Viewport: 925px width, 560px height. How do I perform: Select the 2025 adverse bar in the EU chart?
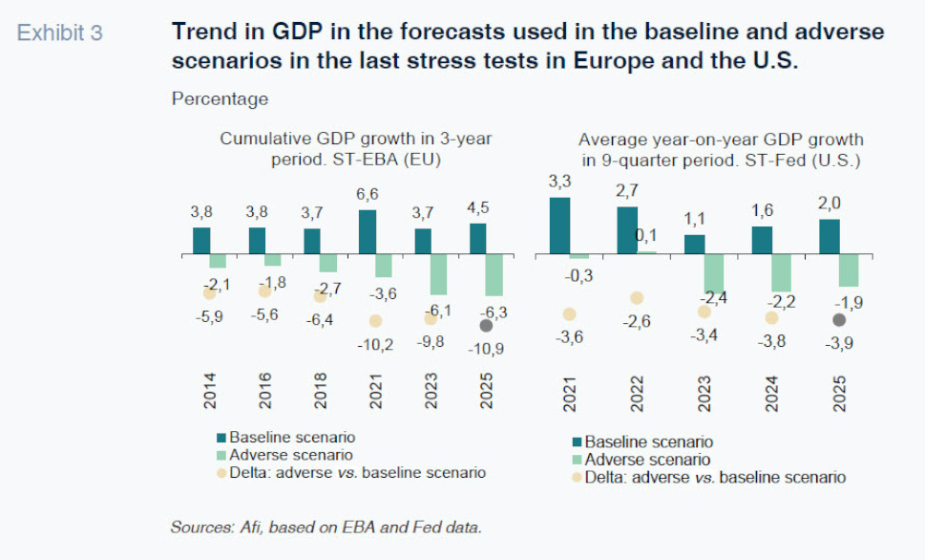[x=494, y=275]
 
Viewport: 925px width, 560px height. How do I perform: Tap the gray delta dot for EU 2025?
[x=486, y=325]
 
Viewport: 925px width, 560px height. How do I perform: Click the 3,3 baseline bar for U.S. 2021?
[x=559, y=226]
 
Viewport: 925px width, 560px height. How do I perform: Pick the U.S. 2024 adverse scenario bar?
[x=782, y=273]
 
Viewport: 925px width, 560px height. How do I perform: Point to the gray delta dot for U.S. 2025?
[x=839, y=320]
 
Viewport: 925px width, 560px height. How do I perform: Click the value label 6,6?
[x=368, y=195]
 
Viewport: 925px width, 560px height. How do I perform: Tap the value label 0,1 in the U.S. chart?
[x=647, y=235]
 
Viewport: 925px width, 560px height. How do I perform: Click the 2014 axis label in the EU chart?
[x=210, y=392]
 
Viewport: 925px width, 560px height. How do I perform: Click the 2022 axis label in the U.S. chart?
[x=637, y=392]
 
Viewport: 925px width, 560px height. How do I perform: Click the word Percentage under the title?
[x=220, y=98]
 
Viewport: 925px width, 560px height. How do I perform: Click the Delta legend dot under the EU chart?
[x=221, y=473]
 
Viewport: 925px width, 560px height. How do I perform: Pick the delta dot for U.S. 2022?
[x=637, y=298]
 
